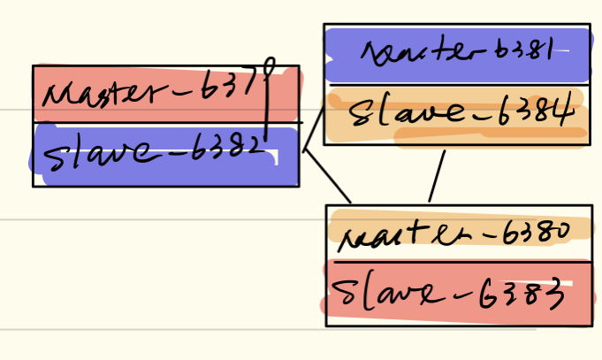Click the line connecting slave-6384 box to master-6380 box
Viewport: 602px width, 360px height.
coord(437,176)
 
